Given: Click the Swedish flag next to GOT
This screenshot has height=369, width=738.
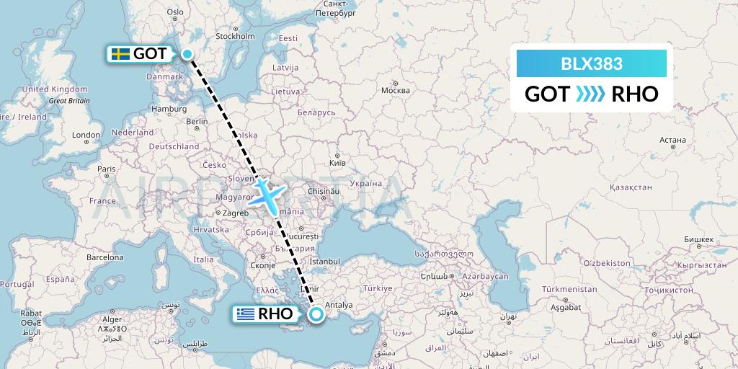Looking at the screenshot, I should (120, 54).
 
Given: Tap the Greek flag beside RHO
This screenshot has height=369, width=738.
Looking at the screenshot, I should (246, 314).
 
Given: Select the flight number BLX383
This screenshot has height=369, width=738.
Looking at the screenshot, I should (592, 63).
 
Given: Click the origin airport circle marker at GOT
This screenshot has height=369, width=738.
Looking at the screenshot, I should (187, 54).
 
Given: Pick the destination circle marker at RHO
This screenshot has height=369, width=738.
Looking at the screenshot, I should (316, 314).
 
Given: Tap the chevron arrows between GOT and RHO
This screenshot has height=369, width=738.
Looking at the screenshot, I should (591, 94).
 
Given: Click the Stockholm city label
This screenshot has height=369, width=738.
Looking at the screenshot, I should (235, 36).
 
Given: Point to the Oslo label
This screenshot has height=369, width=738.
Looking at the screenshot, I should (175, 12).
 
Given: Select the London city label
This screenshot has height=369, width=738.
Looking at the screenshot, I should (86, 135).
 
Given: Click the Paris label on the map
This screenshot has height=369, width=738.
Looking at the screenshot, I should (107, 169).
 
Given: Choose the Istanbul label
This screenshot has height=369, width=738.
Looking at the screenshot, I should (324, 260).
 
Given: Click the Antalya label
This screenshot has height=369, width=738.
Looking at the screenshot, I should (339, 305).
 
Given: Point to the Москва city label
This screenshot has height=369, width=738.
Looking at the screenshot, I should (395, 90).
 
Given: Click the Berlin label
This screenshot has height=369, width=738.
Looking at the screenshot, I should (197, 122).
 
